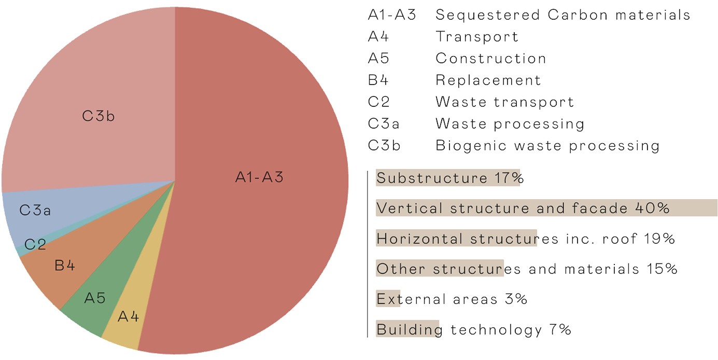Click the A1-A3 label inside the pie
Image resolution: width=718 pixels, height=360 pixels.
pos(259,177)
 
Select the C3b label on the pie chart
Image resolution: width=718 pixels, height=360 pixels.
pos(98,116)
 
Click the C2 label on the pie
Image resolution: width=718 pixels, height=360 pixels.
pos(35,245)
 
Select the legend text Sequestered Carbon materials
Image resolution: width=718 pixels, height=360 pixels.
pos(562,15)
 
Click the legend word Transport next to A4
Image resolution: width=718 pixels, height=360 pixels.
pos(477,37)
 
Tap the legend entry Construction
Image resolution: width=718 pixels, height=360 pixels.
pos(490,59)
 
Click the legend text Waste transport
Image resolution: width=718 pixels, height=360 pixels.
pos(504,102)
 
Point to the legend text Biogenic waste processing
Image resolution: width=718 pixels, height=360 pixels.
pos(547,146)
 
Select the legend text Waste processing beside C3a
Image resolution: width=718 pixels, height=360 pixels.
pos(510,124)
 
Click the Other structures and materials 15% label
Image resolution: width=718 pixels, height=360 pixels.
pos(526,269)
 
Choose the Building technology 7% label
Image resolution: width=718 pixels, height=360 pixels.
pos(473,329)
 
